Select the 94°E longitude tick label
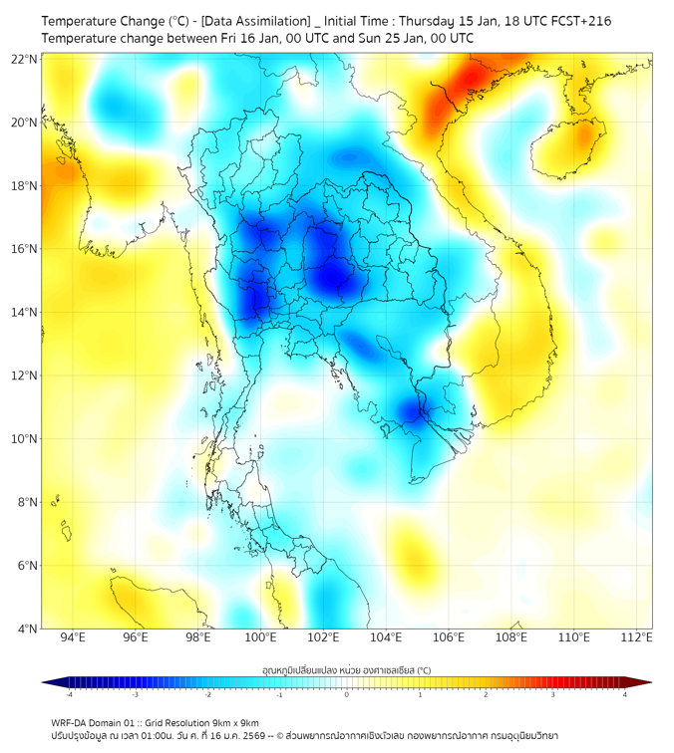(x=73, y=638)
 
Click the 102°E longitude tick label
(x=324, y=638)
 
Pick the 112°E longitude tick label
(x=637, y=638)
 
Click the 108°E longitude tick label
(x=511, y=638)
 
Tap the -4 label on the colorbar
(x=69, y=694)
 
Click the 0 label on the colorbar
(x=347, y=694)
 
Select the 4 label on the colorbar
(x=624, y=694)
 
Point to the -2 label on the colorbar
(x=207, y=694)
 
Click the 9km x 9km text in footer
(x=236, y=723)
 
